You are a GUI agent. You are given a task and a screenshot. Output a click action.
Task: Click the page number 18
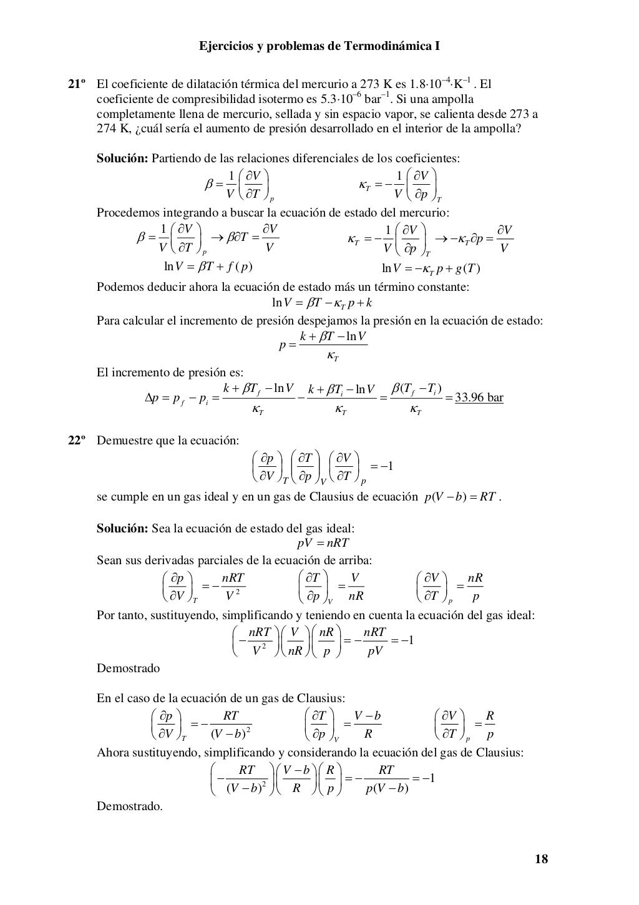tap(542, 859)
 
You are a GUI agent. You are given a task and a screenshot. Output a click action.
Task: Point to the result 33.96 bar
tap(479, 398)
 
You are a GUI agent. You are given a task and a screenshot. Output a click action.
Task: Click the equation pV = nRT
tap(323, 543)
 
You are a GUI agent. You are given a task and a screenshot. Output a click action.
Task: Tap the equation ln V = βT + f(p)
tap(208, 267)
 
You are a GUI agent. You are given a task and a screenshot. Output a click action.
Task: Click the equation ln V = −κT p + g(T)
tap(430, 268)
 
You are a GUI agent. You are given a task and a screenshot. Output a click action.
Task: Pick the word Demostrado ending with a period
tap(129, 806)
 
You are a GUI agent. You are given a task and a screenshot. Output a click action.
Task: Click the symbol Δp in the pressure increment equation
tap(154, 398)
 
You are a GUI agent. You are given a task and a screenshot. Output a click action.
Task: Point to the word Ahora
tap(112, 753)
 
